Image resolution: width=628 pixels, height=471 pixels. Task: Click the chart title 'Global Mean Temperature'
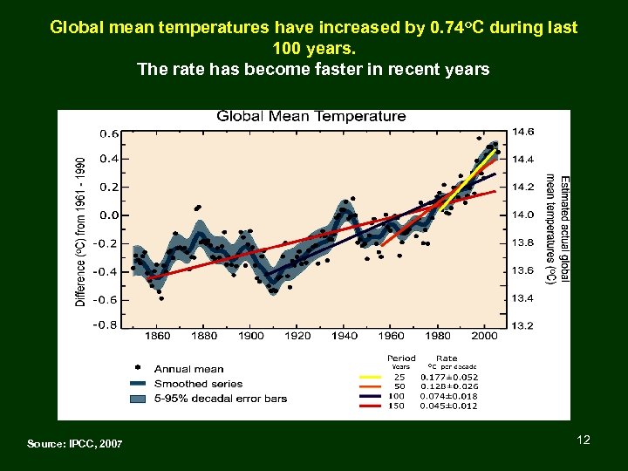pos(311,116)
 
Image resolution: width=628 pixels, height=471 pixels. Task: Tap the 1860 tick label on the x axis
pos(158,336)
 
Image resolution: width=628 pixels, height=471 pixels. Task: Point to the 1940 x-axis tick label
pos(345,336)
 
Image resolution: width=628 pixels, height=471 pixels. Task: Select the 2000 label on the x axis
pos(484,336)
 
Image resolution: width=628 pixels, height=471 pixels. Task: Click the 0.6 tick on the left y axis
pos(109,134)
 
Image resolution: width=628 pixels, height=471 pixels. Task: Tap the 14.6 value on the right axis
pos(523,132)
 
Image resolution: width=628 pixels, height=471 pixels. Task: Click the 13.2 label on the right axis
pos(523,325)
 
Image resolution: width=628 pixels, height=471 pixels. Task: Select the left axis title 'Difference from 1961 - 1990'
pos(81,231)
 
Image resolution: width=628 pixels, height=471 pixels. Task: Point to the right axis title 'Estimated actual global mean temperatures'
pos(558,229)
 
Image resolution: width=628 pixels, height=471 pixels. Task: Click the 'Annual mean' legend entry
pos(188,369)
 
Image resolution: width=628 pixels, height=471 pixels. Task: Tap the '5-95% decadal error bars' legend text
pos(221,399)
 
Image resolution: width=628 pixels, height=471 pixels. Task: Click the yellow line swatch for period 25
pos(371,377)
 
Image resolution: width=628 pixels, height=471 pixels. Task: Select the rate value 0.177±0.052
pos(448,377)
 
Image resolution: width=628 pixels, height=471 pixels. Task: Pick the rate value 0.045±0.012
pos(448,406)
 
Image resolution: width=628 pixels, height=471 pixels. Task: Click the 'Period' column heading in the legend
pos(401,358)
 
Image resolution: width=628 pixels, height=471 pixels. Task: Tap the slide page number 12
pos(584,440)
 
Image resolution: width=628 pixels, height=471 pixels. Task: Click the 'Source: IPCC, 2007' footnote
pos(75,444)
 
